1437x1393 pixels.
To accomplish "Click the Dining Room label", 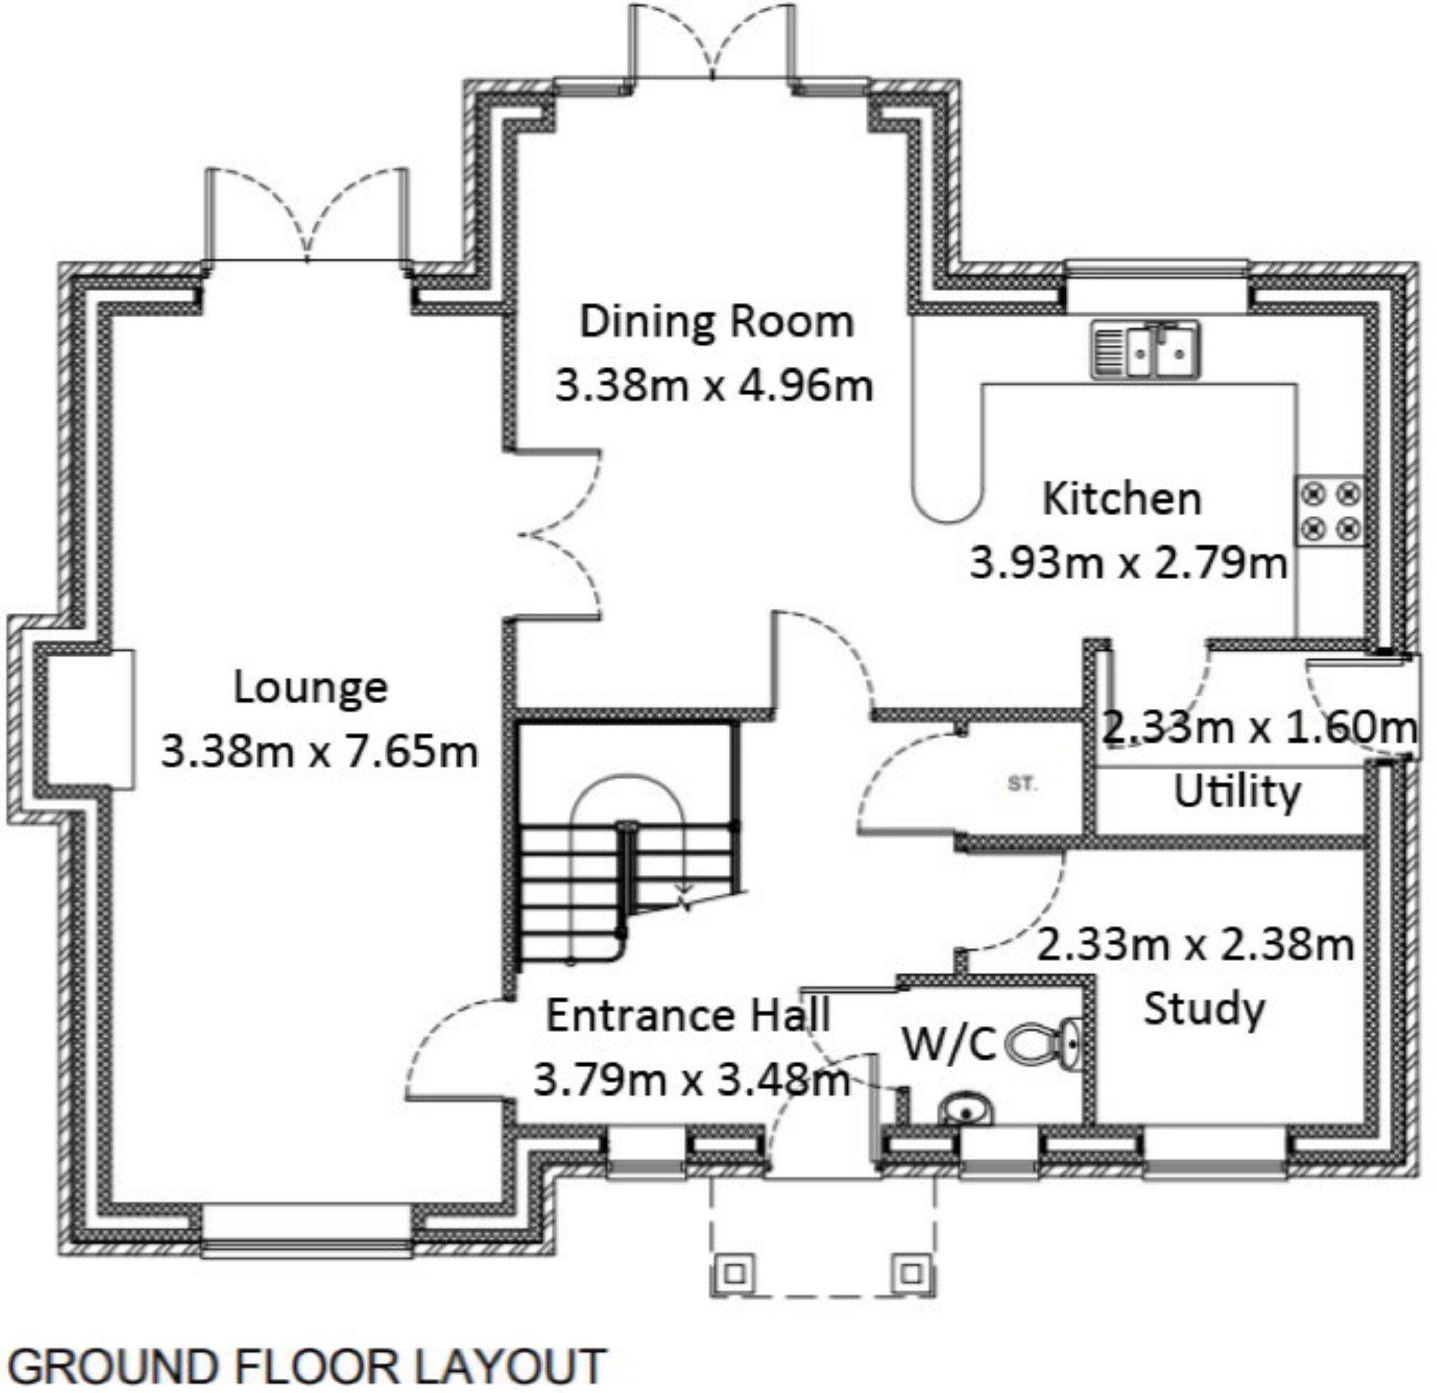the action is pyautogui.click(x=716, y=322).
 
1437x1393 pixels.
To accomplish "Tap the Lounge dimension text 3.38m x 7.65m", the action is pyautogui.click(x=319, y=751).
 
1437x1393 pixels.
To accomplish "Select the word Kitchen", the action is pyautogui.click(x=1122, y=499).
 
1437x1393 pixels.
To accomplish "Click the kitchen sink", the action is pyautogui.click(x=1145, y=351).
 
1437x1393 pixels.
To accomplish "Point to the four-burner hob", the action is pyautogui.click(x=1330, y=510).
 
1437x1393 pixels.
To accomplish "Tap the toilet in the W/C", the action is pyautogui.click(x=1042, y=1042).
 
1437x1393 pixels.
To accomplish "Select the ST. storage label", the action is pyautogui.click(x=1023, y=784).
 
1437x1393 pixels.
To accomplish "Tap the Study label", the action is pyautogui.click(x=1204, y=1009).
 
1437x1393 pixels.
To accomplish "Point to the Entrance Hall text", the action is pyautogui.click(x=688, y=1015).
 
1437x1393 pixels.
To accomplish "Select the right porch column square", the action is pyautogui.click(x=911, y=1273).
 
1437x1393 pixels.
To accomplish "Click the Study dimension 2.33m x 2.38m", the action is pyautogui.click(x=1195, y=945).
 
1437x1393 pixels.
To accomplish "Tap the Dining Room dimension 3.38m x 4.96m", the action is pyautogui.click(x=714, y=385).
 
